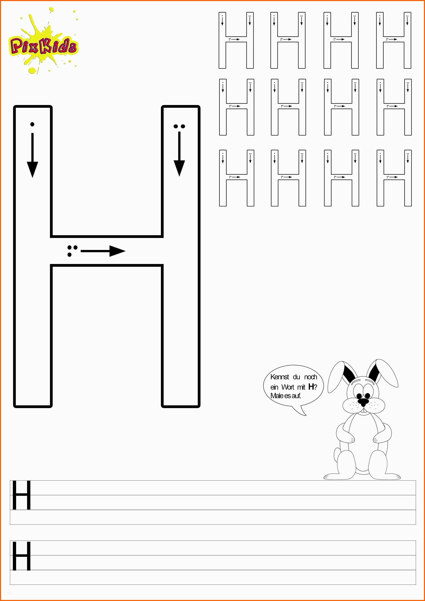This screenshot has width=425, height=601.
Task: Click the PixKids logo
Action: click(x=43, y=42)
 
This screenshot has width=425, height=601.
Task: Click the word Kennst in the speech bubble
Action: click(x=280, y=377)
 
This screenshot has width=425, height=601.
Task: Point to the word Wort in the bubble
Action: click(x=288, y=387)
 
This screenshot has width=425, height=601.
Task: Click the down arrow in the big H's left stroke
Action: click(x=32, y=155)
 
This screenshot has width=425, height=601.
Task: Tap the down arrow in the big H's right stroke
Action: click(x=179, y=154)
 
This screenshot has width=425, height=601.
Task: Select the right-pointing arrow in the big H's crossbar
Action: click(x=103, y=251)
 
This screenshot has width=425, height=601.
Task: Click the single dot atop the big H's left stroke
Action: click(x=32, y=124)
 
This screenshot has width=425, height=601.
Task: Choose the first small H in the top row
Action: click(x=236, y=40)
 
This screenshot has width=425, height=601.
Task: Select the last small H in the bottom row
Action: click(x=394, y=178)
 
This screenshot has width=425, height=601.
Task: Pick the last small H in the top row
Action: click(x=394, y=40)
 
